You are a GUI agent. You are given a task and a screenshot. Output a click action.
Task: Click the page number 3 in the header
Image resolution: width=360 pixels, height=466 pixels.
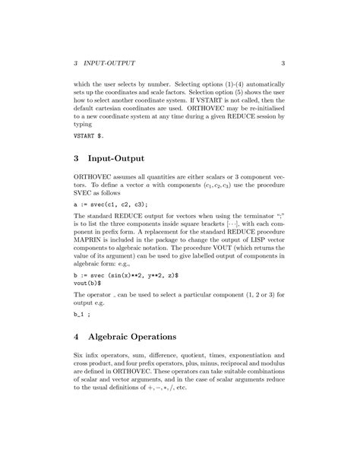[x=282, y=62]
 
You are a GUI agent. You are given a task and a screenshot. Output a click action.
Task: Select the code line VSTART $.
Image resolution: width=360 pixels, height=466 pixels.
[x=89, y=135]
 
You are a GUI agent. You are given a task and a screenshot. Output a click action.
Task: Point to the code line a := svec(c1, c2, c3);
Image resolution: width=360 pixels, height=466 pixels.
[x=110, y=204]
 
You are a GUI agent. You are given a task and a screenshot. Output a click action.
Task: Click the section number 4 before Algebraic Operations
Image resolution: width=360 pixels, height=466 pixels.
[x=76, y=335]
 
